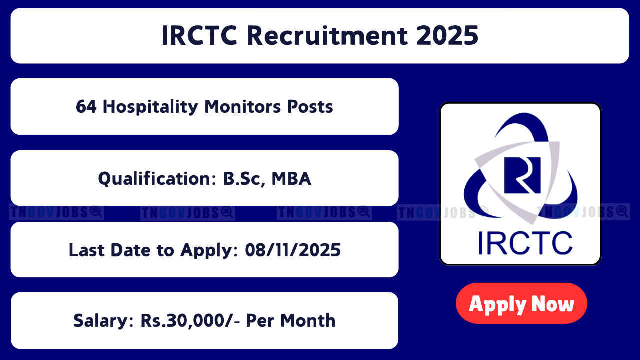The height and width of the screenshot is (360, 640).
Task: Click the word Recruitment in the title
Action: [327, 36]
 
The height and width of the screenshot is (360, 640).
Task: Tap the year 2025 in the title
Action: [447, 36]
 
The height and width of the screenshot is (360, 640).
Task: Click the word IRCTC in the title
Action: [199, 36]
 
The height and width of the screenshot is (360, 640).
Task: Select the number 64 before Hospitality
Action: [86, 107]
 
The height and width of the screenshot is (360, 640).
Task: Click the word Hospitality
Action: [150, 107]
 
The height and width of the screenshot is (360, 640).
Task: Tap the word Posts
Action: [310, 107]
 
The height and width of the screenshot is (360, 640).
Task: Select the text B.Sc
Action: [242, 179]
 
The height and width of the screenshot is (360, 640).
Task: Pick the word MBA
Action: [291, 179]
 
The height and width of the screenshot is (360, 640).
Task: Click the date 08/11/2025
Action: [293, 250]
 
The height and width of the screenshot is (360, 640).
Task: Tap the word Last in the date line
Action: [87, 250]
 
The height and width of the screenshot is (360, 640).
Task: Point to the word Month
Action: [308, 320]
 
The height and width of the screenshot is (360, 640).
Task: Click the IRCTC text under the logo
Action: [525, 243]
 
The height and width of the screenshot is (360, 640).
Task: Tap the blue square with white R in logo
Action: [522, 175]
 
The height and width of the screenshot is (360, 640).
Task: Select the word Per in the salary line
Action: [260, 320]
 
